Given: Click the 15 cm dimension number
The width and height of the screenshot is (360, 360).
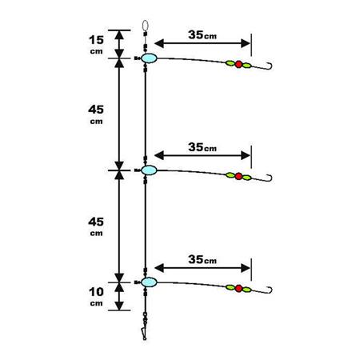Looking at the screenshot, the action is point(96,40).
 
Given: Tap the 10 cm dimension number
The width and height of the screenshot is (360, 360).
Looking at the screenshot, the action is point(96,292).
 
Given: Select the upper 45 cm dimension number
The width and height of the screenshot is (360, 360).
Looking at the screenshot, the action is point(96,110).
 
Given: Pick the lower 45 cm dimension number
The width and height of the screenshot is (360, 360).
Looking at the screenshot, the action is point(96,222).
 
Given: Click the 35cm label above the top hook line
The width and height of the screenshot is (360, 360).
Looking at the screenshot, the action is point(202,35).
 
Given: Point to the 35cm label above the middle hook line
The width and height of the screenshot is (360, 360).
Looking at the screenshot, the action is point(202,147).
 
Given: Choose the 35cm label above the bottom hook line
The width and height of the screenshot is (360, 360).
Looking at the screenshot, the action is point(202,259).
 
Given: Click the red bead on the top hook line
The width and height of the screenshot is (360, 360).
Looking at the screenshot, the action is point(238,64).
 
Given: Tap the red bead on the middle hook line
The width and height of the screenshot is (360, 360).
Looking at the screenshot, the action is point(238,176).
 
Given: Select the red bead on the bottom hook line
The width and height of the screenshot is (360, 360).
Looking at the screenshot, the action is point(238,288).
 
